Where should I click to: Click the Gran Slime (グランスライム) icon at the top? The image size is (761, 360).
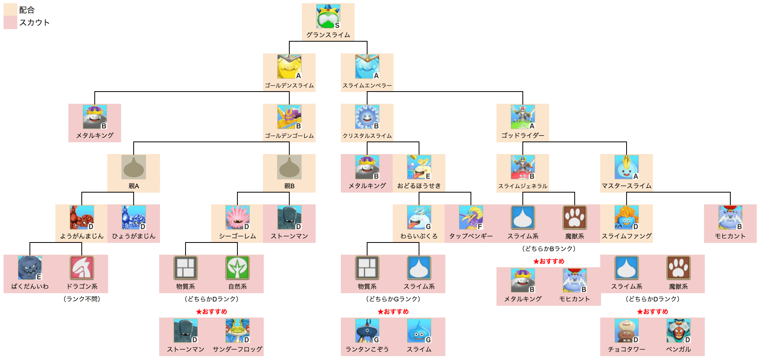328,17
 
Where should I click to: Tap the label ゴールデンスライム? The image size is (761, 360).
289,85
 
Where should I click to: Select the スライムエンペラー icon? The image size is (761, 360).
367,67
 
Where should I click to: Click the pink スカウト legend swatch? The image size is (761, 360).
10,22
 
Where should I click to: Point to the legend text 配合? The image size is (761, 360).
27,10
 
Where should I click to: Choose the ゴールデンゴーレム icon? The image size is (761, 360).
289,117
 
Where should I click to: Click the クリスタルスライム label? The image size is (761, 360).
367,136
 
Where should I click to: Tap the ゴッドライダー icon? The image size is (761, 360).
522,117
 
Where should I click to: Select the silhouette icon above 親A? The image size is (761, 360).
134,167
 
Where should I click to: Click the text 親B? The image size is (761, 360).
289,186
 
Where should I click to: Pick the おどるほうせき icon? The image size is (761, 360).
419,167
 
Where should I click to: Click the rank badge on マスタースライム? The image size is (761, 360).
636,176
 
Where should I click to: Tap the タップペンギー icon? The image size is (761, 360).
471,217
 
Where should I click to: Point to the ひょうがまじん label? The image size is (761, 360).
134,236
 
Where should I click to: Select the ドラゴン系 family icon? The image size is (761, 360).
82,268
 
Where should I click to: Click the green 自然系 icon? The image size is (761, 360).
237,268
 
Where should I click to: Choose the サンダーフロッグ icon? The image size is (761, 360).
237,331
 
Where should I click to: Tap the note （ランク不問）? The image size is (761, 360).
82,299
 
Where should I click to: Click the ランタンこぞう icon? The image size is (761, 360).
367,331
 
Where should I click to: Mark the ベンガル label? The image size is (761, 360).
678,349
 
